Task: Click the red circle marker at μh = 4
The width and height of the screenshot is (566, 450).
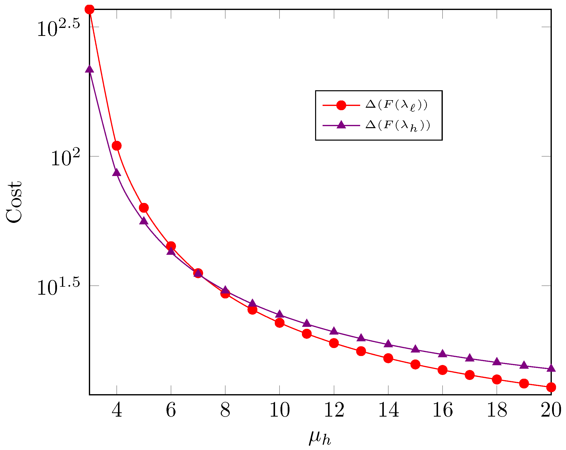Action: [116, 146]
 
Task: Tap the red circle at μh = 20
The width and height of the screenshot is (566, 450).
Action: [551, 387]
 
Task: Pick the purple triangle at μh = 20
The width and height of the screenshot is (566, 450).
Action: [551, 368]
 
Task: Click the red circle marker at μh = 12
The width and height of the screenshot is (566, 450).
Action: [334, 343]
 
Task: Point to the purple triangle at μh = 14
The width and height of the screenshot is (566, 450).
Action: [388, 344]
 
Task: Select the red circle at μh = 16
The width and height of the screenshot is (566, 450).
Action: [442, 370]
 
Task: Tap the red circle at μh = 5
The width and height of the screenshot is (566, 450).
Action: [144, 208]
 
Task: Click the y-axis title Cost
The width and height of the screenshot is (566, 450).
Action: [14, 202]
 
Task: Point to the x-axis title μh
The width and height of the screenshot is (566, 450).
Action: [320, 431]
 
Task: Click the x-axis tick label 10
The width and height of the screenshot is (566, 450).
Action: [280, 410]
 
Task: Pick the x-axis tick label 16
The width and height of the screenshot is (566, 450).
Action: [443, 410]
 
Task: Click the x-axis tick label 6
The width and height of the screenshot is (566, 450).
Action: [171, 410]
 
